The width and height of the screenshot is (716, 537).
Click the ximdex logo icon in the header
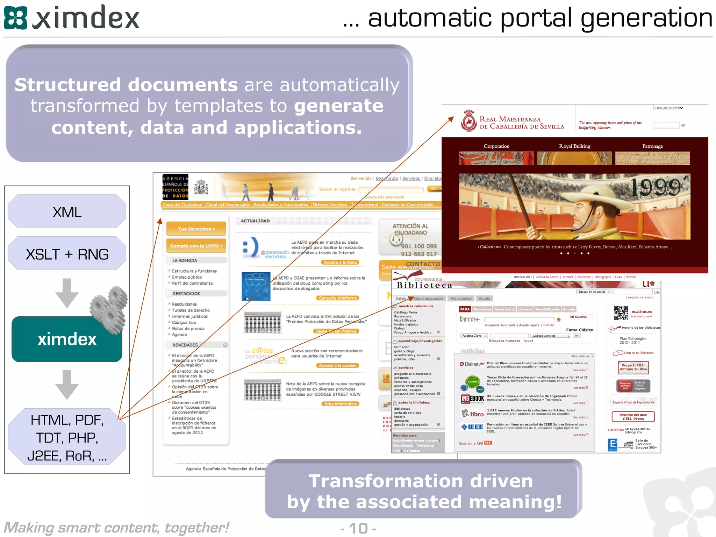click(x=15, y=18)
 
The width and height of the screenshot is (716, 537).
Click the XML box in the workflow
click(x=67, y=212)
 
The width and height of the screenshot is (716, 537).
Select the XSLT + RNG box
click(x=67, y=254)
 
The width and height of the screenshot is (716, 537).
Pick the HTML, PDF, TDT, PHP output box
click(x=67, y=437)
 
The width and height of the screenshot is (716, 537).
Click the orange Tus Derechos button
click(x=196, y=229)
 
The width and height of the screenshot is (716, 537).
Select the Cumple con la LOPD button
click(x=196, y=246)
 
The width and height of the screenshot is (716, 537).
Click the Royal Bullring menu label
click(x=574, y=146)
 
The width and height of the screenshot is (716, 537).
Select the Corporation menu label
click(x=496, y=146)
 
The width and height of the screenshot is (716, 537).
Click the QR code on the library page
click(x=621, y=313)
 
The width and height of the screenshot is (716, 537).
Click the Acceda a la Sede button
click(x=340, y=262)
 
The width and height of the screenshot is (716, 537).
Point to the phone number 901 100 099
click(x=418, y=246)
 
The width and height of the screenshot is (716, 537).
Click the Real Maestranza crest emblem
click(x=468, y=121)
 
